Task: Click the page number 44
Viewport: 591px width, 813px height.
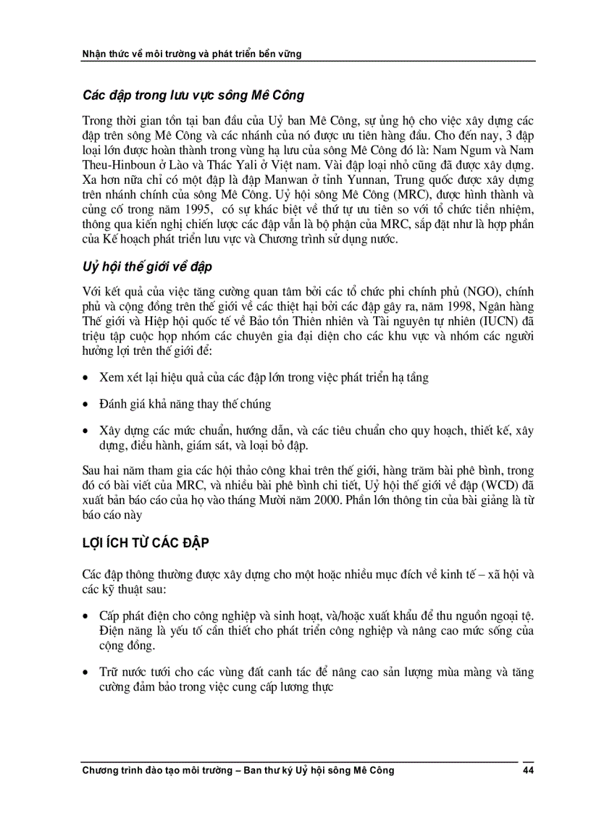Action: tap(528, 770)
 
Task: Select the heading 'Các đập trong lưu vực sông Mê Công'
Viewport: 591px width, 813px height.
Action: tap(193, 96)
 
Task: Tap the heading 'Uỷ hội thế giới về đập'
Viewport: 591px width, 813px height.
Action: tap(147, 267)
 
